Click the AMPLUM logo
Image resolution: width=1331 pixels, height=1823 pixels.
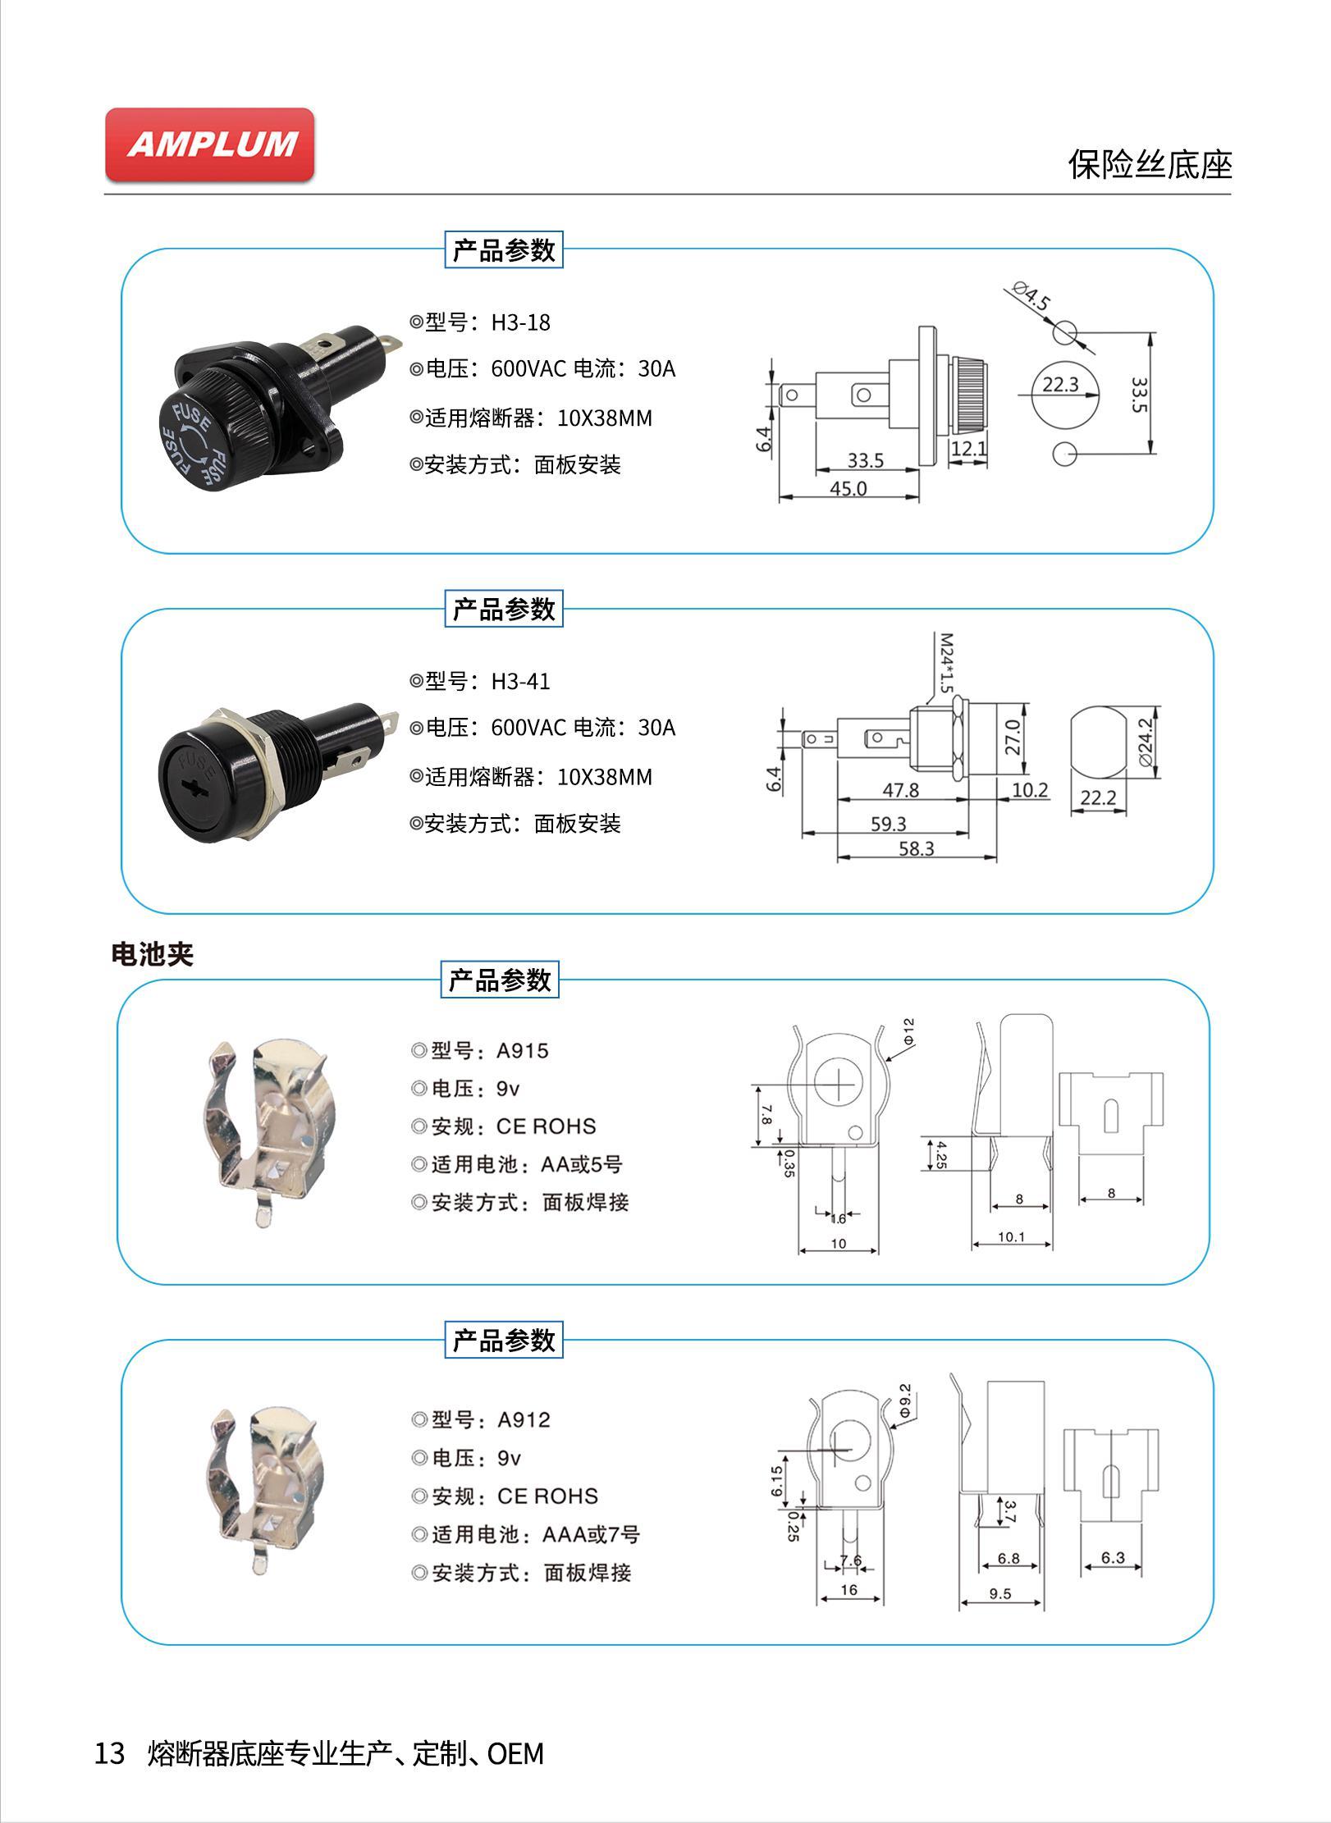click(x=210, y=144)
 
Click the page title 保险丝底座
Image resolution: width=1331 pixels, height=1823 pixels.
click(x=1150, y=165)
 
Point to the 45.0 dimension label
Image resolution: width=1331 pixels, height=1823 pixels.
click(x=848, y=489)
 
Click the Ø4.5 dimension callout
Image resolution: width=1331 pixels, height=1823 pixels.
click(x=1031, y=297)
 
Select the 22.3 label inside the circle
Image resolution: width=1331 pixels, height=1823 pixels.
click(x=1060, y=384)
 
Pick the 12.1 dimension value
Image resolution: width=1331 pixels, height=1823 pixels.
click(x=969, y=448)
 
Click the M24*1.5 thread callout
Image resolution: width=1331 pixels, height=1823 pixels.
click(x=946, y=661)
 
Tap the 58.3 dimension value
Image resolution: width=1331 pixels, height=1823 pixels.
click(x=916, y=848)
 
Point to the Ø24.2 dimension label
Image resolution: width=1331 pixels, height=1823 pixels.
click(x=1146, y=741)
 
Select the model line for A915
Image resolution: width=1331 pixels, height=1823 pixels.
click(x=480, y=1050)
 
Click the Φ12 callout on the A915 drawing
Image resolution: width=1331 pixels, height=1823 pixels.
click(x=908, y=1031)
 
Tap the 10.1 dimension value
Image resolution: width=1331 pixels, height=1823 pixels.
click(x=1011, y=1237)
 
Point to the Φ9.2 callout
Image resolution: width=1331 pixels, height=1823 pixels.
click(x=905, y=1400)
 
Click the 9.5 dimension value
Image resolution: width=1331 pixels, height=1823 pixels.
click(x=1000, y=1594)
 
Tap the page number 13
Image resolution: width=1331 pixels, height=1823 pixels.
click(x=110, y=1753)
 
